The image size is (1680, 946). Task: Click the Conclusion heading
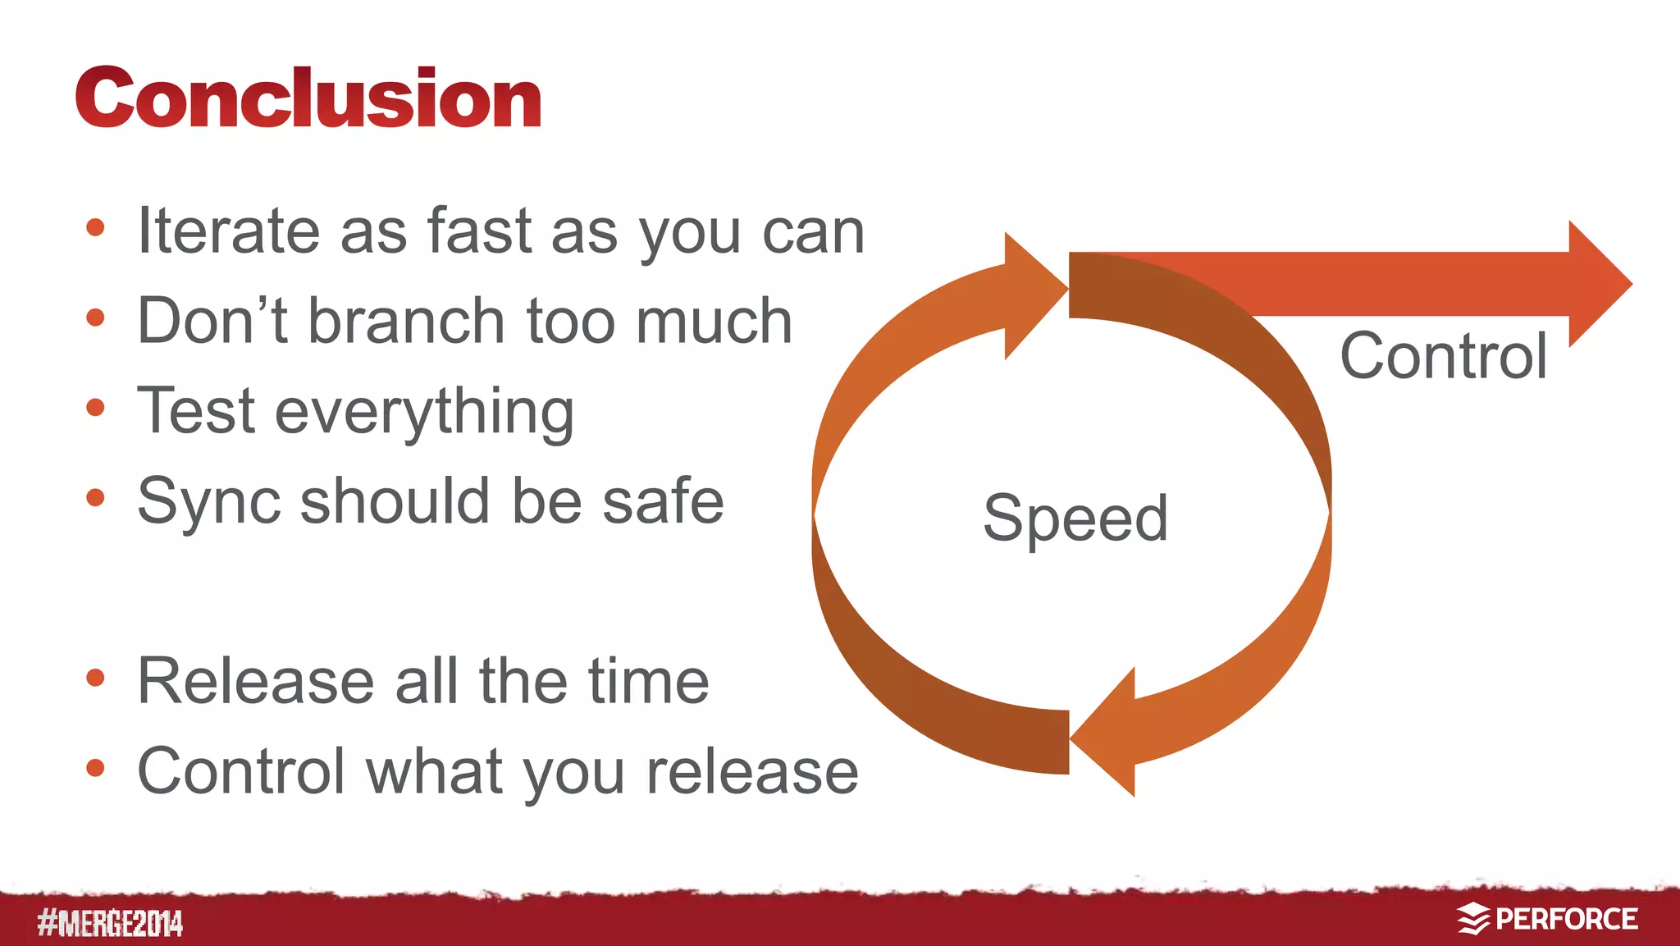[x=308, y=98]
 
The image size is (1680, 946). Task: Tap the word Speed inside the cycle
[x=1075, y=519]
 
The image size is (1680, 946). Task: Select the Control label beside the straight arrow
[x=1444, y=356]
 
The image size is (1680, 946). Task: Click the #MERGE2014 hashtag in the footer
[x=110, y=923]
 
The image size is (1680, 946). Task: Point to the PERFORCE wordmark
[x=1567, y=919]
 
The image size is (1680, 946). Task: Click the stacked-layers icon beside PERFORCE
[x=1473, y=919]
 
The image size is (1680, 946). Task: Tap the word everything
[x=424, y=412]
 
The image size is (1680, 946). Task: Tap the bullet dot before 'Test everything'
[x=95, y=407]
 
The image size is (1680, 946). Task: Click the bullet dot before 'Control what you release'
[x=95, y=768]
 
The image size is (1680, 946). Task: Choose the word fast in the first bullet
[x=479, y=231]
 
